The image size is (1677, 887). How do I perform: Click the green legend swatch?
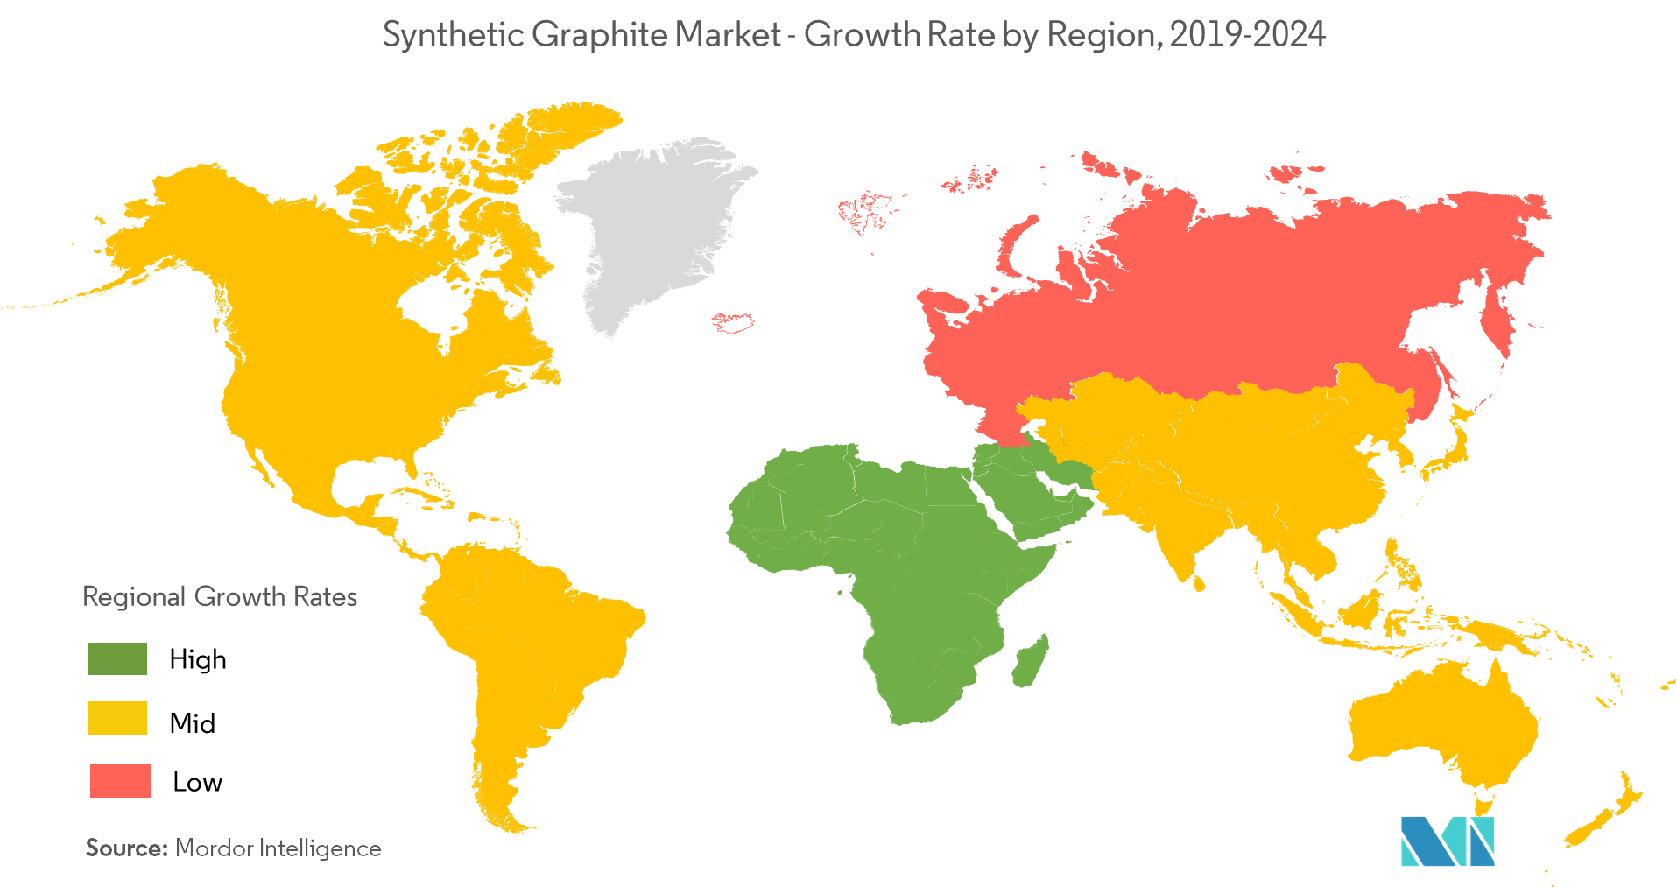pos(117,658)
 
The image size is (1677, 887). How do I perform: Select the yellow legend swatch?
pos(117,718)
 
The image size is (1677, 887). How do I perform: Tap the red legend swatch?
pos(120,781)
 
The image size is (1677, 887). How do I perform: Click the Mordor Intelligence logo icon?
pos(1447,841)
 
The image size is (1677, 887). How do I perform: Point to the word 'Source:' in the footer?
pos(126,848)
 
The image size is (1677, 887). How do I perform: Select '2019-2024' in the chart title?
pos(1247,35)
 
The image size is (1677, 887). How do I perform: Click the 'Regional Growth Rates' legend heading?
pos(220,597)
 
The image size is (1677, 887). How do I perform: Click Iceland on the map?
pos(734,321)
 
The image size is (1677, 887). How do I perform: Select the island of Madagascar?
pos(1031,661)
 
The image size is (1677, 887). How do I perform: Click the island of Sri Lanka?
pos(1199,581)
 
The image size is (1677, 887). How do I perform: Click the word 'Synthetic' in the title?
pos(454,35)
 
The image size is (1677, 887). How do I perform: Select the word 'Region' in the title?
pos(1102,35)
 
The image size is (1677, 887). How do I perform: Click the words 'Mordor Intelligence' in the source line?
pos(278,848)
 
